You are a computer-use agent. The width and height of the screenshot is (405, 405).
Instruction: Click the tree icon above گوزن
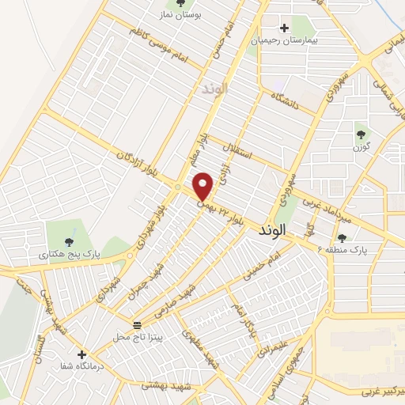tap(362, 134)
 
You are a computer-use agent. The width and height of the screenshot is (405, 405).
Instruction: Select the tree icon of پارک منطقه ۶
tap(342, 237)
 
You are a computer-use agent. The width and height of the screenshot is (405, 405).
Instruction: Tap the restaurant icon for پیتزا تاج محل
tap(137, 325)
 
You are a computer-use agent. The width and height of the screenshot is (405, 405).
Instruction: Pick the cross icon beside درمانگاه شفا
tap(81, 354)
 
